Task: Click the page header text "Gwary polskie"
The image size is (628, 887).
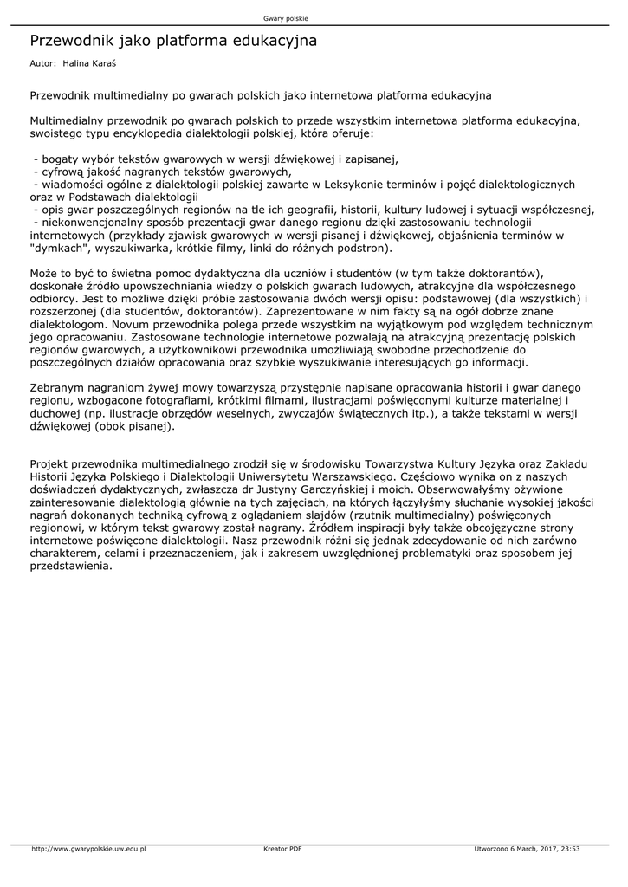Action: [x=285, y=18]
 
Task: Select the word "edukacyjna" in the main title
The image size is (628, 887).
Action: [x=275, y=41]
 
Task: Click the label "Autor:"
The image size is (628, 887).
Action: [x=42, y=64]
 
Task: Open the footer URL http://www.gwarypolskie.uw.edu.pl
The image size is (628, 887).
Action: [x=88, y=849]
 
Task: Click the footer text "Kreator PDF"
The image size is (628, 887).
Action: [x=282, y=849]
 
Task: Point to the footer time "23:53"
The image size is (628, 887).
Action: [x=568, y=849]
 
